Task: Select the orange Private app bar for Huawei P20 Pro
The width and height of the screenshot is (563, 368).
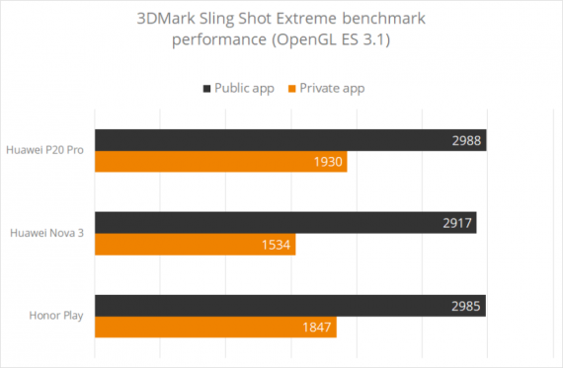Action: pos(219,161)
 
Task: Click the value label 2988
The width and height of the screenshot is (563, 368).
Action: pos(466,140)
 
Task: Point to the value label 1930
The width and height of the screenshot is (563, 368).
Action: pos(329,161)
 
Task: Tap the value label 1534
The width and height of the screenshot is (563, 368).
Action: pos(278,244)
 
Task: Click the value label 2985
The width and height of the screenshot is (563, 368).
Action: pos(466,306)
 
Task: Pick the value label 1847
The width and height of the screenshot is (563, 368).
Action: pos(318,327)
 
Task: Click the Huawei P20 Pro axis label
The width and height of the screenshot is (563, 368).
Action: pos(45,150)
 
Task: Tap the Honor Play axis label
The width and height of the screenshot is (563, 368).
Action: pos(57,316)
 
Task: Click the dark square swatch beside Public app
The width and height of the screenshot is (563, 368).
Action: pos(206,89)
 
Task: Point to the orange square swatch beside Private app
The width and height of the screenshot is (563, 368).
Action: pos(293,89)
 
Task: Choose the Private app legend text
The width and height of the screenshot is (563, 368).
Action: pos(331,89)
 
